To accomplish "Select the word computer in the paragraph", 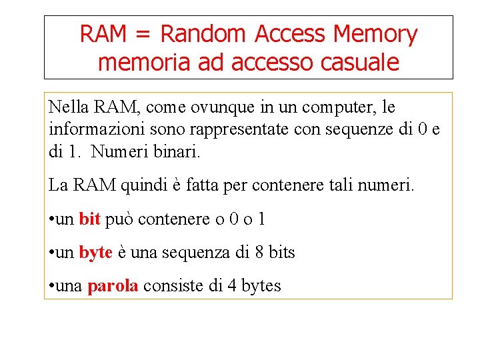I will coord(336,107).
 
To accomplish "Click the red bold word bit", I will coord(89,219).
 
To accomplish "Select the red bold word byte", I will coord(95,253).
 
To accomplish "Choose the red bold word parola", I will coord(113,287).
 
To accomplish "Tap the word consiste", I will coord(171,287).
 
